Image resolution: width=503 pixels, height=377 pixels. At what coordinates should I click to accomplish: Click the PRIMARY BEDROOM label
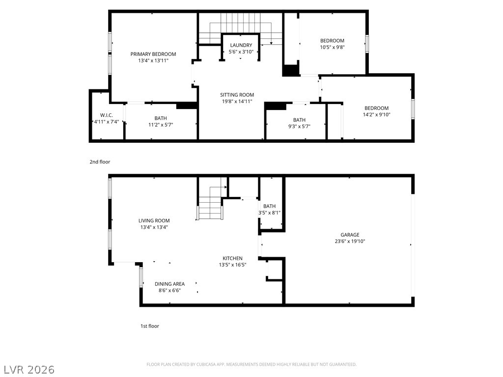(153, 54)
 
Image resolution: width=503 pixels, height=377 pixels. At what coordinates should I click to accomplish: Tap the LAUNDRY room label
(241, 45)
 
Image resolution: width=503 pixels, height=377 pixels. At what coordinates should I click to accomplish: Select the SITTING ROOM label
(237, 95)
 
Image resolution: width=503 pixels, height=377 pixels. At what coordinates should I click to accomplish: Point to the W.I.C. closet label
(107, 115)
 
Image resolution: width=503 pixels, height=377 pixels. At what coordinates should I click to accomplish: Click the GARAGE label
(350, 235)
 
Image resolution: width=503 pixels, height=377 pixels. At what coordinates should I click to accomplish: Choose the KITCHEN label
(232, 258)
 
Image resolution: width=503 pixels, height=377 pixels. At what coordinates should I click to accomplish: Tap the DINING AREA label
(169, 284)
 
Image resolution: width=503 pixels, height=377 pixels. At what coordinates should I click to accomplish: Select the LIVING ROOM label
(154, 220)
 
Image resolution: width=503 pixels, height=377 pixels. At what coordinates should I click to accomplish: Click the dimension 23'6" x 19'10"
(350, 242)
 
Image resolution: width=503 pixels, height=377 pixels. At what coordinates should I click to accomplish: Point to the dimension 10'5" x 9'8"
(333, 47)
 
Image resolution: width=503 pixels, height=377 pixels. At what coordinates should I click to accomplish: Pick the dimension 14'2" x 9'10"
(377, 115)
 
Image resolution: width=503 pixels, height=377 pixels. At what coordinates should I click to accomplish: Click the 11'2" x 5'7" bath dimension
(161, 125)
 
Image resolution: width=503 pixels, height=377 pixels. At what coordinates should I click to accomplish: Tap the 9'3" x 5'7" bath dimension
(299, 126)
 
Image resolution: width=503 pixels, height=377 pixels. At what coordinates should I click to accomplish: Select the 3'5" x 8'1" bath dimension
(270, 213)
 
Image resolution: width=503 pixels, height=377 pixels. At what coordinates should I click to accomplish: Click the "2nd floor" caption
(100, 162)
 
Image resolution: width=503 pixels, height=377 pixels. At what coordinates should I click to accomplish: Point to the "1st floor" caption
(150, 326)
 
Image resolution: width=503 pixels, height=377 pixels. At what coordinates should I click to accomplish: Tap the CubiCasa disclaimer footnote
(251, 365)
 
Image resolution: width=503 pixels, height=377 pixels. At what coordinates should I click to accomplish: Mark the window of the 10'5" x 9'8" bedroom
(367, 44)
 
